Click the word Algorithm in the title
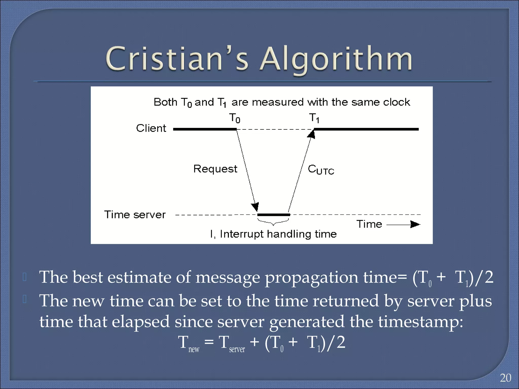[336, 60]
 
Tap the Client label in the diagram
[151, 128]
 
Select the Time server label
[135, 215]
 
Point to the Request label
[215, 169]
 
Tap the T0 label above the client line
[234, 118]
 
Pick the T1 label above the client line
[314, 118]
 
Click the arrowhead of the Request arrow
[255, 206]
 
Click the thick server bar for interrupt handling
[274, 215]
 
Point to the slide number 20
[506, 378]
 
